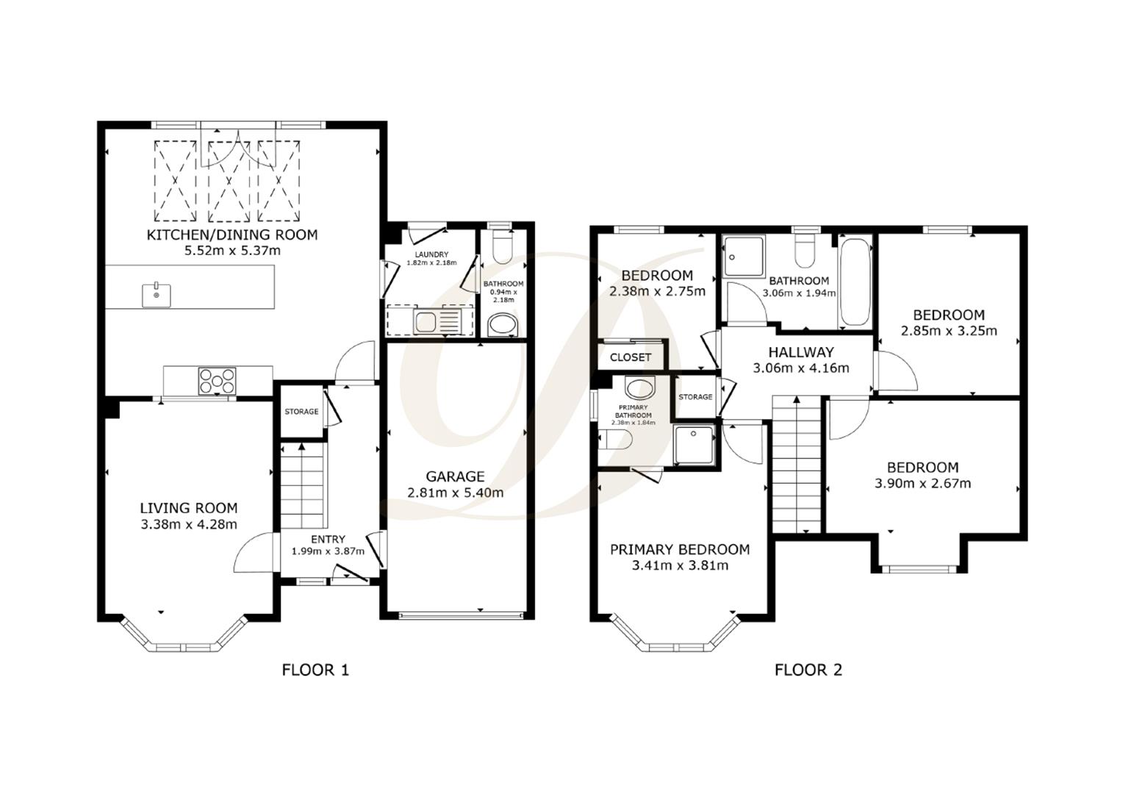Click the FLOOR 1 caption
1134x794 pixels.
(x=315, y=670)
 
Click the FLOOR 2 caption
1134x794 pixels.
(x=808, y=670)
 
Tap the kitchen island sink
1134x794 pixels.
(x=157, y=295)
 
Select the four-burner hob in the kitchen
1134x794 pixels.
(x=217, y=380)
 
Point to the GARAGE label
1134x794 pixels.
(x=456, y=476)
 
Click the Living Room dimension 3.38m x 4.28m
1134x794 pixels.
(x=189, y=524)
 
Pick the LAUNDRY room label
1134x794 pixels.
(x=431, y=255)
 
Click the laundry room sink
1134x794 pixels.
(x=426, y=321)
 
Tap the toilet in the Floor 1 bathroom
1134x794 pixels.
(x=503, y=247)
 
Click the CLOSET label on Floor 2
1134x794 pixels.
(x=631, y=357)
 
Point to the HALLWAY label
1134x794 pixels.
(x=801, y=352)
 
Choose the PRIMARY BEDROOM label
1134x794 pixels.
(x=680, y=549)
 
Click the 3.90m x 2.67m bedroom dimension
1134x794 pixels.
(x=922, y=483)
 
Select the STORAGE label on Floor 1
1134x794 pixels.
(x=301, y=412)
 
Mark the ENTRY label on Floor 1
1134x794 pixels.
(x=328, y=539)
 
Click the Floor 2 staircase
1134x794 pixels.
(x=796, y=463)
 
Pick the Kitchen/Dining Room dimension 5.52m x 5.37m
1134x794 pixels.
(x=232, y=251)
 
